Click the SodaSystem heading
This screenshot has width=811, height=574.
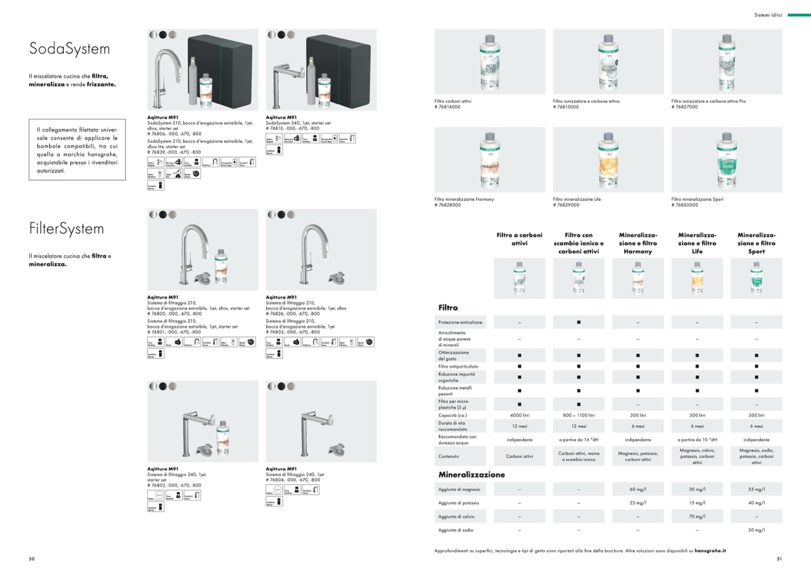[69, 49]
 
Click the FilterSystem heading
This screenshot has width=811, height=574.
[66, 229]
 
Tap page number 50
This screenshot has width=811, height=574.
[32, 559]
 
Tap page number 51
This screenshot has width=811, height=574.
[779, 559]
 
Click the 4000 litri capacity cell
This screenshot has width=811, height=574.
[519, 415]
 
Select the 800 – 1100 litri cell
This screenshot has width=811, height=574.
[578, 415]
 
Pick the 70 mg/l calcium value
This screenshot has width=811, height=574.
[697, 517]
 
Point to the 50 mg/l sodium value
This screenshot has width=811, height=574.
[756, 530]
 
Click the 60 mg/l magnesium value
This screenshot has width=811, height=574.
[638, 490]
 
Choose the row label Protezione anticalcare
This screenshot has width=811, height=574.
[460, 323]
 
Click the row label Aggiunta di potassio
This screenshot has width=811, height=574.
[459, 503]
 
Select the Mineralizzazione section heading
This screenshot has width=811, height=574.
[471, 475]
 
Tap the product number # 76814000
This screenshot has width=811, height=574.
[447, 107]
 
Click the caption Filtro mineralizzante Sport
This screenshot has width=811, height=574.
[697, 199]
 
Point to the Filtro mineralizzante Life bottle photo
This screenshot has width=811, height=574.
[608, 159]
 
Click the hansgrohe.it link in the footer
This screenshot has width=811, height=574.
[711, 551]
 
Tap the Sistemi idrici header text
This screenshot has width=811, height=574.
[768, 15]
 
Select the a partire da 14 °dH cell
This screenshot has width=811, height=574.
[578, 440]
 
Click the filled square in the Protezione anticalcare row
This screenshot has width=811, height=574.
[578, 323]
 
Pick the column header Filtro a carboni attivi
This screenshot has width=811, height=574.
[519, 239]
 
